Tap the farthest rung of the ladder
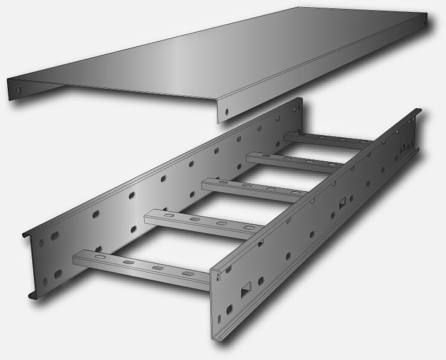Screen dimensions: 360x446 328,141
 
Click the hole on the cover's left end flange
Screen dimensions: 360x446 18,91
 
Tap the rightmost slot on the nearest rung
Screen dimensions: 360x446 188,274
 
